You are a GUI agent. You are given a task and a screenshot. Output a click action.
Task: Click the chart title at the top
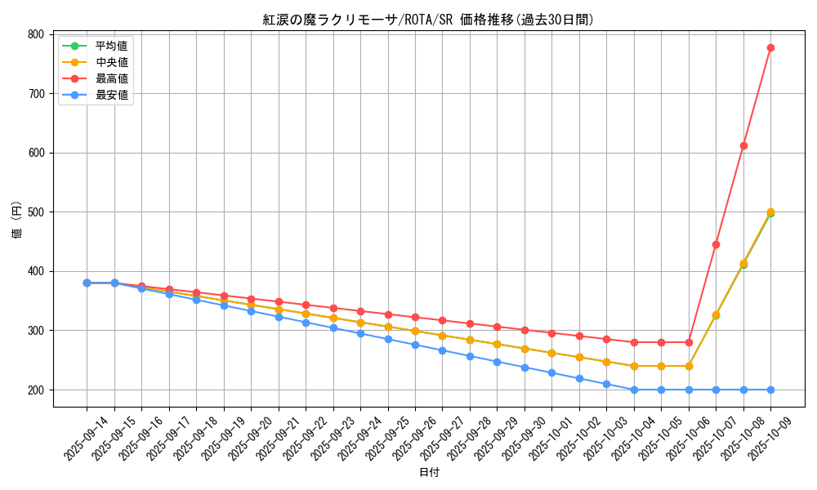428,20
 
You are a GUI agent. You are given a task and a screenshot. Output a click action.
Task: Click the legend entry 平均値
111,46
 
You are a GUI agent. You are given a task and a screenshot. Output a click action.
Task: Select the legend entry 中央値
111,62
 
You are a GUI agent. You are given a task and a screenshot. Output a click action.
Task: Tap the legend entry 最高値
111,78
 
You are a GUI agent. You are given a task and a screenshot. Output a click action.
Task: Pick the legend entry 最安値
111,95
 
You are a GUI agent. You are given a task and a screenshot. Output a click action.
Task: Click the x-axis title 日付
429,473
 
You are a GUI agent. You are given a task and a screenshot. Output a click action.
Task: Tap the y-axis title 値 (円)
16,220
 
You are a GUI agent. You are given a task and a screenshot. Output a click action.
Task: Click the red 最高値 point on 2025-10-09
770,47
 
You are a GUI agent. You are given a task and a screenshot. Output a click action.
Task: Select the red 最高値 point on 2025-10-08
743,145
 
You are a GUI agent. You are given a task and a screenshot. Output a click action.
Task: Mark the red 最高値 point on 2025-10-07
716,244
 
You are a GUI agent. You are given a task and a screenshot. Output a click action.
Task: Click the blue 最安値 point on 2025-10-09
770,390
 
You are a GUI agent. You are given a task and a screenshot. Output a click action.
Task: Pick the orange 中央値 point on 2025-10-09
770,212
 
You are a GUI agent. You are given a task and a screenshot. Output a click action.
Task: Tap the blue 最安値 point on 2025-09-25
388,339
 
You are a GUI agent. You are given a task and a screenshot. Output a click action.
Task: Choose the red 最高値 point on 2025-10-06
689,342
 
